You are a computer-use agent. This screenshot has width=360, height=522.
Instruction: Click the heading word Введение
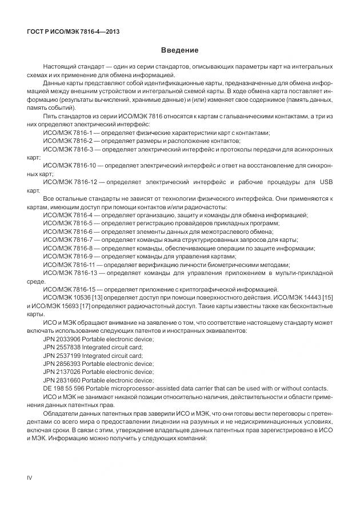179,50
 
